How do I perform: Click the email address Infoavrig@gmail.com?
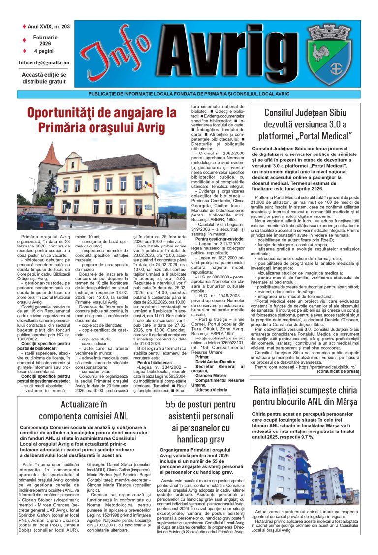tap(44, 62)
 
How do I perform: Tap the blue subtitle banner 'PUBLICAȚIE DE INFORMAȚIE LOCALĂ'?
tap(189, 94)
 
